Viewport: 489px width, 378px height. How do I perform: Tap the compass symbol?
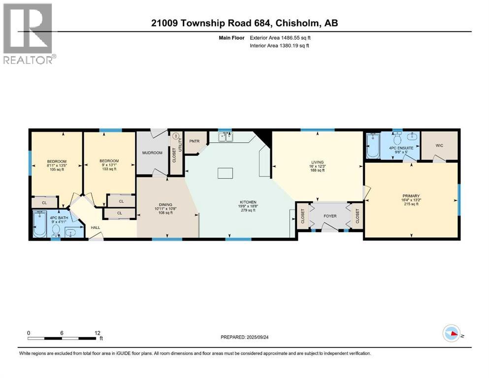click(x=452, y=333)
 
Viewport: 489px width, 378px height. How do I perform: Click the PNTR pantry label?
click(x=195, y=141)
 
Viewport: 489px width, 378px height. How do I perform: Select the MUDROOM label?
click(x=152, y=153)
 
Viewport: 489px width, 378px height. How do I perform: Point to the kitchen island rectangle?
click(x=225, y=173)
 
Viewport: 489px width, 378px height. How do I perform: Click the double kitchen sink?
click(x=226, y=137)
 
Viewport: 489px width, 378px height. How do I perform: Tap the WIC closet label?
click(x=439, y=146)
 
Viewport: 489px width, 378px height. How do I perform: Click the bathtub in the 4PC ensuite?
click(x=373, y=146)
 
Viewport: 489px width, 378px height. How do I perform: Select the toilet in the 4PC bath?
click(x=56, y=231)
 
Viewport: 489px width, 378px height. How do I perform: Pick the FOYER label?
click(x=330, y=216)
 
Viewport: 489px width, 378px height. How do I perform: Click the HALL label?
click(x=96, y=227)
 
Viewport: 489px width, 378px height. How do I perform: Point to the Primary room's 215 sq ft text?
click(x=411, y=204)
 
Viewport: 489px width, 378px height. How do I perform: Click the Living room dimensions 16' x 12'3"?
click(x=318, y=166)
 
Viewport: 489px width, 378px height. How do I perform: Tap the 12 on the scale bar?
click(x=98, y=333)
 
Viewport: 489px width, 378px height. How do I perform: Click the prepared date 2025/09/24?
click(x=257, y=337)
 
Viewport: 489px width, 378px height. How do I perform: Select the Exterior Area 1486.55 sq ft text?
click(x=280, y=38)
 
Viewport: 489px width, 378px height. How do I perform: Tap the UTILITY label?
click(x=180, y=146)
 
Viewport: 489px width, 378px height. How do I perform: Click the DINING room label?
click(x=165, y=205)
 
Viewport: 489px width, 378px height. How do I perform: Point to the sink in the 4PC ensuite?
click(x=412, y=136)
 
